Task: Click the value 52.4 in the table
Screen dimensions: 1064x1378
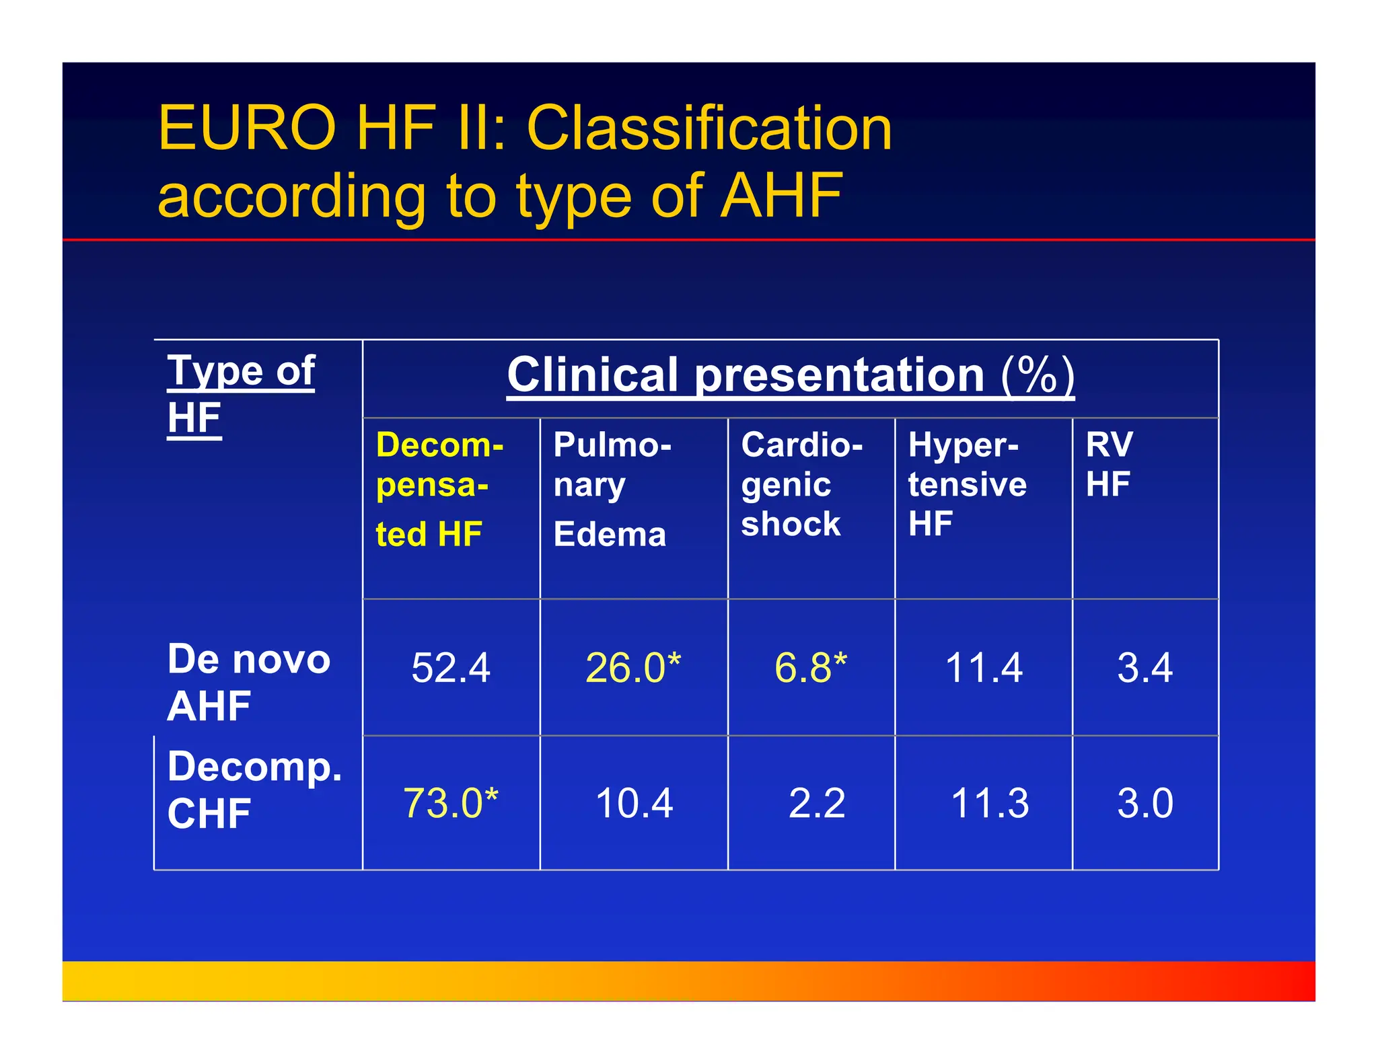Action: (x=450, y=668)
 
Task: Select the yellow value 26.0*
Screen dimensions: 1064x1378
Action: (x=632, y=668)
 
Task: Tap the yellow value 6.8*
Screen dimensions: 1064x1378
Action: (x=810, y=668)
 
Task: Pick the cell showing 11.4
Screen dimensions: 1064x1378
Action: (x=984, y=668)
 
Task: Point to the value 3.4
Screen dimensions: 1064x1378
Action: (x=1145, y=668)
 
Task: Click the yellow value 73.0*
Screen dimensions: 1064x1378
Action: (x=450, y=803)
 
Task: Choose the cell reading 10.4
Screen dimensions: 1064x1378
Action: (x=634, y=803)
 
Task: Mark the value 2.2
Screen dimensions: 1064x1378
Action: (x=816, y=803)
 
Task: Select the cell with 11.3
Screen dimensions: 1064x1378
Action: (x=989, y=803)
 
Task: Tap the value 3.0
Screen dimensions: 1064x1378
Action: (x=1145, y=803)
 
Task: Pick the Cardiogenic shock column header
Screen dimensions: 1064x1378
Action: (x=801, y=484)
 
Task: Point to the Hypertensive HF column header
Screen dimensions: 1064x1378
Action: (x=967, y=484)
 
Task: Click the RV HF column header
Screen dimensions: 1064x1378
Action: (x=1109, y=464)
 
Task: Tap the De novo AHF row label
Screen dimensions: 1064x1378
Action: (x=248, y=682)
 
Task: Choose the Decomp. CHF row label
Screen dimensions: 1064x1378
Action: (x=254, y=790)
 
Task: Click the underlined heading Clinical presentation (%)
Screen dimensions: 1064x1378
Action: (x=790, y=375)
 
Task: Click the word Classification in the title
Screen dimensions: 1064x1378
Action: (x=709, y=128)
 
